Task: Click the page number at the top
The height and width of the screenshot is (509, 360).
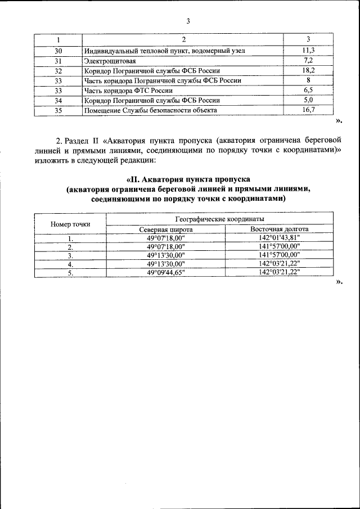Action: (188, 21)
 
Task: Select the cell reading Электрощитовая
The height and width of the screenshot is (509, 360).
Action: (110, 61)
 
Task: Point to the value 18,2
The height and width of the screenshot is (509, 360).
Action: (308, 70)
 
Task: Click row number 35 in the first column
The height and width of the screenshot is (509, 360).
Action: (58, 110)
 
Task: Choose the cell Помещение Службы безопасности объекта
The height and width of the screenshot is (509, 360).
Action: (151, 110)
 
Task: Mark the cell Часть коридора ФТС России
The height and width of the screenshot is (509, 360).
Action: (128, 90)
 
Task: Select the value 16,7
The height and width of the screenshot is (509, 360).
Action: (308, 110)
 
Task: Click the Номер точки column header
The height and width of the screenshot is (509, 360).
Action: (70, 224)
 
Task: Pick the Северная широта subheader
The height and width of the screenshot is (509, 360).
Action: (166, 229)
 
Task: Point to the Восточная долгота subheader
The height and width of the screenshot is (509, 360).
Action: (280, 229)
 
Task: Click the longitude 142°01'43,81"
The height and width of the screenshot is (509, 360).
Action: (280, 238)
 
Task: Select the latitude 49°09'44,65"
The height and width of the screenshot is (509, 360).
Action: (166, 272)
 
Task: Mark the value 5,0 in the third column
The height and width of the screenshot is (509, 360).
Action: (308, 100)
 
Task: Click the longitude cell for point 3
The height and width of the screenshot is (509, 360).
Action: (280, 255)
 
